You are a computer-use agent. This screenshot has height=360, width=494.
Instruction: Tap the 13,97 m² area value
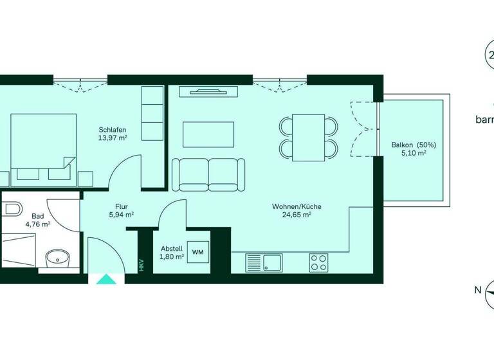pyautogui.click(x=112, y=138)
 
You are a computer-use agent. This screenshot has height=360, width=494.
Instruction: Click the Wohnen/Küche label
pyautogui.click(x=297, y=206)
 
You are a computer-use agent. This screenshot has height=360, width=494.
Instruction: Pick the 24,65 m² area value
pyautogui.click(x=297, y=215)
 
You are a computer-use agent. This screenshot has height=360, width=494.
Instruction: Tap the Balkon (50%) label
pyautogui.click(x=414, y=145)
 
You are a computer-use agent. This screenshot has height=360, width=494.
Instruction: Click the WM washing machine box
pyautogui.click(x=197, y=251)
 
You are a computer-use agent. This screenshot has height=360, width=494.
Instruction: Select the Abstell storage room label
pyautogui.click(x=172, y=248)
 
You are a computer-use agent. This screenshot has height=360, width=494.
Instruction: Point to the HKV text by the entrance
pyautogui.click(x=142, y=265)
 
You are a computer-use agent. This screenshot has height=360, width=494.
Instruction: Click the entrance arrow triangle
pyautogui.click(x=103, y=279)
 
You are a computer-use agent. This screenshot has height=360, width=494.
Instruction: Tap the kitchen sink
pyautogui.click(x=271, y=262)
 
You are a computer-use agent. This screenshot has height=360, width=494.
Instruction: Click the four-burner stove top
pyautogui.click(x=318, y=262)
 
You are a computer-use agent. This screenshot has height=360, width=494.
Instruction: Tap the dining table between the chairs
pyautogui.click(x=309, y=137)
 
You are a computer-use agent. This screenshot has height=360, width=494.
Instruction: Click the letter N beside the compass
pyautogui.click(x=477, y=290)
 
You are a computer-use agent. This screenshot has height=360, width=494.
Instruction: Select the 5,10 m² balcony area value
pyautogui.click(x=414, y=154)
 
